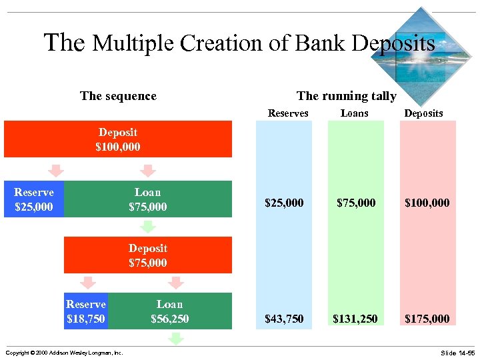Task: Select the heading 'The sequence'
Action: [118, 96]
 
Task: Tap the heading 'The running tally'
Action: [346, 96]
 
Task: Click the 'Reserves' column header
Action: [288, 113]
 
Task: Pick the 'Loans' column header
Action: [354, 113]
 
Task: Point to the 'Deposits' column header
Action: [423, 113]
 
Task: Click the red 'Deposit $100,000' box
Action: [118, 139]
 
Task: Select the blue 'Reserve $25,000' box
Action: [33, 199]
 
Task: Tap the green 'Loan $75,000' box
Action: [147, 199]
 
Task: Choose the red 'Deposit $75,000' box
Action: [147, 255]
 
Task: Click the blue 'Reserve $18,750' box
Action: [86, 311]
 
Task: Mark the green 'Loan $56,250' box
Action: [169, 311]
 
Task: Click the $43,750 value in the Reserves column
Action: [284, 319]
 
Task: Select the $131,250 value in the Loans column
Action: [355, 319]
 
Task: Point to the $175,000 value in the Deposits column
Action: [427, 319]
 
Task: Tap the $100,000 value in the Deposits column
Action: [427, 203]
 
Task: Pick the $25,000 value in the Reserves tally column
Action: [284, 203]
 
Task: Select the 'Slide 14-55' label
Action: [457, 352]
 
